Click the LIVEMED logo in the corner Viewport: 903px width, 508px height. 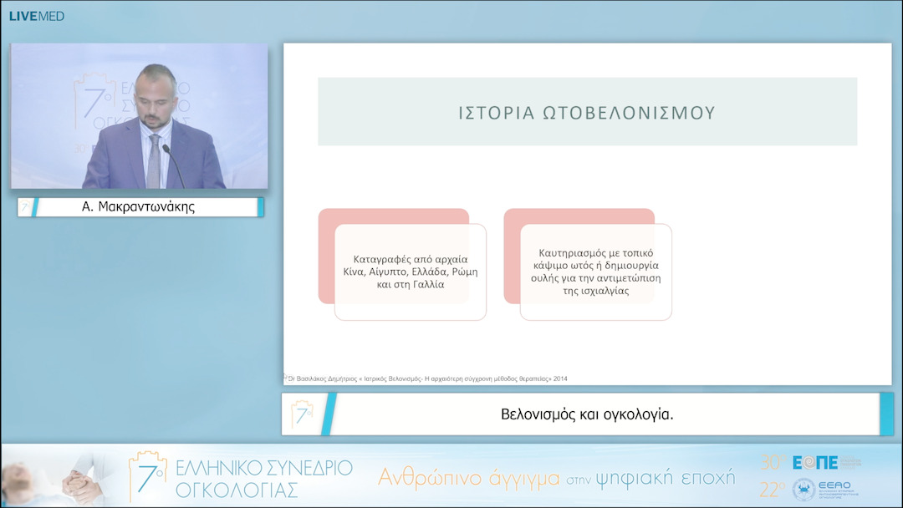click(36, 16)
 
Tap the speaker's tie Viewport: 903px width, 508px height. click(154, 160)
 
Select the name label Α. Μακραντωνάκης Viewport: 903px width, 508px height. click(138, 207)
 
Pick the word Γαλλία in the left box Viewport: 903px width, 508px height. click(426, 284)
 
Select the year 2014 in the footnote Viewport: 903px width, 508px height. click(559, 378)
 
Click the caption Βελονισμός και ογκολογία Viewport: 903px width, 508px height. click(587, 414)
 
